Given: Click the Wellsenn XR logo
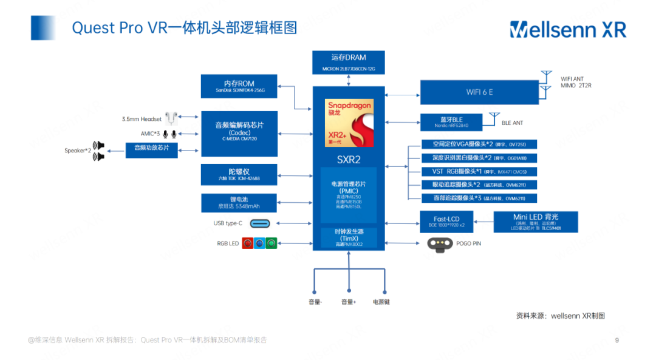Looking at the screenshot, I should click(x=567, y=29).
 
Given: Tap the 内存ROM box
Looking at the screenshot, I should click(x=239, y=87).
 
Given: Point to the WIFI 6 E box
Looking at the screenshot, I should click(x=479, y=92).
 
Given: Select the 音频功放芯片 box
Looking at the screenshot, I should click(x=152, y=148).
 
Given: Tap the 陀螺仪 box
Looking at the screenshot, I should click(x=239, y=175).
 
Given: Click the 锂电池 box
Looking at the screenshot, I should click(x=239, y=203).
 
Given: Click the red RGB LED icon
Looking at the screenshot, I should click(x=248, y=243).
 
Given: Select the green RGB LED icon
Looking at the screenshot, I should click(x=271, y=243).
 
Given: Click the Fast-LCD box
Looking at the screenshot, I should click(x=446, y=222).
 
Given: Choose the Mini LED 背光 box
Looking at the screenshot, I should click(x=535, y=222).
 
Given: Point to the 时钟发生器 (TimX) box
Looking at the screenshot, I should click(x=349, y=237).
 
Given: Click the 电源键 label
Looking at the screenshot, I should click(x=381, y=302).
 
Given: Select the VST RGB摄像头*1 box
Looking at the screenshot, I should click(x=480, y=171).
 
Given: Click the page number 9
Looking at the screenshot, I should click(x=617, y=340).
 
